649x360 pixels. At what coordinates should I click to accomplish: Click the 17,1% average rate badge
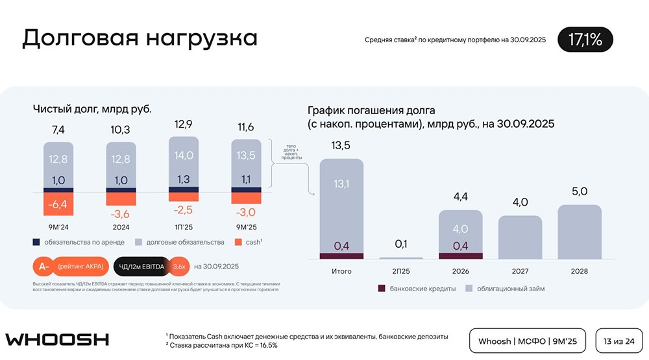(x=585, y=40)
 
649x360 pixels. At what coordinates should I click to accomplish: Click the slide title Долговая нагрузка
(x=140, y=38)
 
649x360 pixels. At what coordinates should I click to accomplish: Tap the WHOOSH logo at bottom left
(x=57, y=340)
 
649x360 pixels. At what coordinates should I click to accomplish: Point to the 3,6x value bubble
(x=180, y=266)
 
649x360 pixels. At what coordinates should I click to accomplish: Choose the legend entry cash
(x=247, y=242)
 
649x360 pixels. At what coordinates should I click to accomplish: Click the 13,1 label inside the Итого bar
(x=341, y=184)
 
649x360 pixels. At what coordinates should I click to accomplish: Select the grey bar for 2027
(x=520, y=237)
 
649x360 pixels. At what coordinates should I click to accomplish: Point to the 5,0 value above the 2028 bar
(x=580, y=191)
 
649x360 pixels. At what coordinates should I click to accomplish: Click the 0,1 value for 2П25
(x=401, y=244)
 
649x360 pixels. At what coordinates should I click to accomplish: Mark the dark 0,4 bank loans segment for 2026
(x=460, y=246)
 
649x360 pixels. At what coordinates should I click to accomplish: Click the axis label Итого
(x=341, y=270)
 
